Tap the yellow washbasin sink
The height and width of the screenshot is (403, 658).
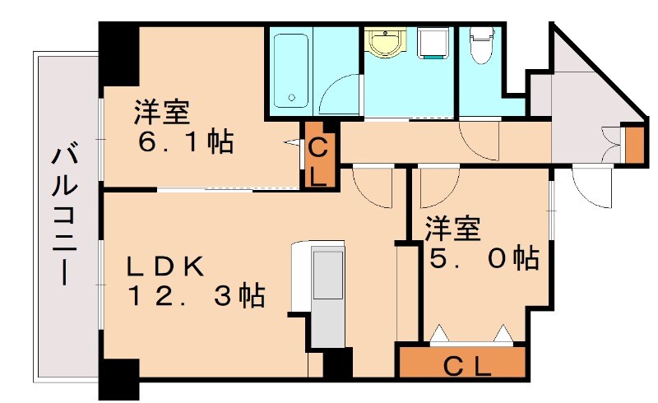(384, 44)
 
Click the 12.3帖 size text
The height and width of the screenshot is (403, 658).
(195, 294)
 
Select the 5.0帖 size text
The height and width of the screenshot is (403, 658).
(485, 259)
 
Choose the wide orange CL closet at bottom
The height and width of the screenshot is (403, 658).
(461, 362)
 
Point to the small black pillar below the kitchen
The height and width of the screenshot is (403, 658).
(337, 363)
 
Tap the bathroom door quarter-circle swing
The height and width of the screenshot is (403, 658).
(340, 95)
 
